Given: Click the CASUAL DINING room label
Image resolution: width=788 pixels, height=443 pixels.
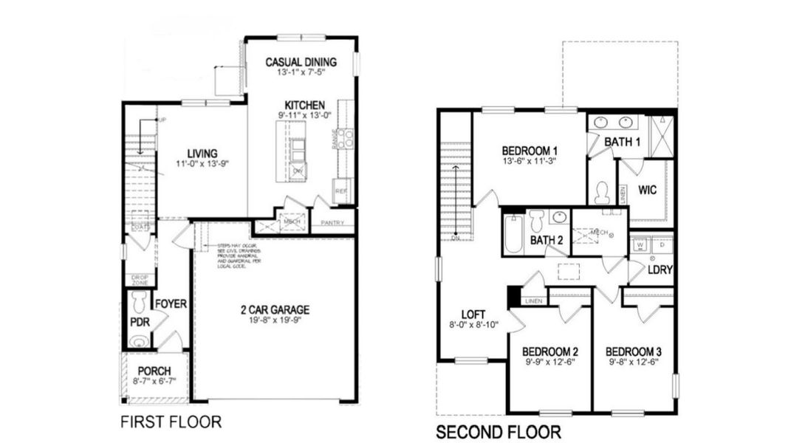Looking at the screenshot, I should point(301,62).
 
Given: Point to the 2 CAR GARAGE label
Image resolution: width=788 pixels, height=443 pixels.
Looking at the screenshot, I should point(274,309).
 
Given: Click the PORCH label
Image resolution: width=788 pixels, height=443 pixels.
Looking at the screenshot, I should point(154,371).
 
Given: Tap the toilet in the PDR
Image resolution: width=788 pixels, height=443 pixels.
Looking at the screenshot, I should point(138,302).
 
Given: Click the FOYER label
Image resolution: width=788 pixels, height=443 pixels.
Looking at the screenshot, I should point(171,303).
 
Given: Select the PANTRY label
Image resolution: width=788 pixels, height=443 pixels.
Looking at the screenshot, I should point(331,221).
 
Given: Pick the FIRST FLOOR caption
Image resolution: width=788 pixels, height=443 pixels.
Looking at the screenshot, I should point(171,422).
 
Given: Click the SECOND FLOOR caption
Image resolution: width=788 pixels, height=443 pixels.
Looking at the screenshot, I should point(498,432).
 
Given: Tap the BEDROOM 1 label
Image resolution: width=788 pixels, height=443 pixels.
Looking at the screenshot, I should point(529,148).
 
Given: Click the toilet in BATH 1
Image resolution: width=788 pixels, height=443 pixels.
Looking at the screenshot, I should point(602,193).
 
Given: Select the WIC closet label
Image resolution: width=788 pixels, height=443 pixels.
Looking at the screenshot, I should point(647,190).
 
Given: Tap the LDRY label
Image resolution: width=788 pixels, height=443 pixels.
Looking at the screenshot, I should point(660,270).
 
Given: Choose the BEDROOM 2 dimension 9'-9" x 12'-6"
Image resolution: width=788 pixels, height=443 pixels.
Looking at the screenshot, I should point(549,363).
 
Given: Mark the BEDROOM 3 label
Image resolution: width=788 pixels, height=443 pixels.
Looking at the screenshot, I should point(634,351).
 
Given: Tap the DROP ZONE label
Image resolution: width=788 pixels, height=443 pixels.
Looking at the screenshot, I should point(140,280).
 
